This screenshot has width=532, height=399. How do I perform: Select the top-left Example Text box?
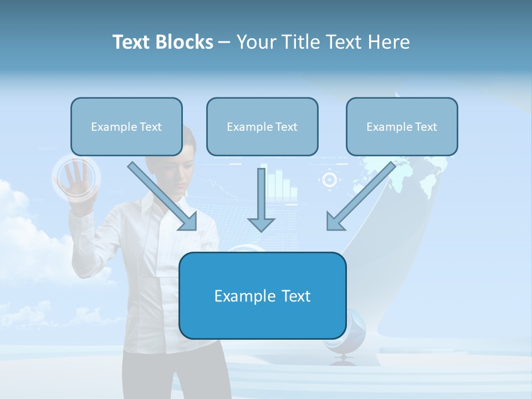(126, 127)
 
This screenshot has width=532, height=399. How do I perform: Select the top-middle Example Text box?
(262, 127)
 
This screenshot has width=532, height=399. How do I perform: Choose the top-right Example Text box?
(402, 127)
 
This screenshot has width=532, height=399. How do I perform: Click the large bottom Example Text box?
(262, 296)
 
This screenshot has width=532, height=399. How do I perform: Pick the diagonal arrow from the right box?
(360, 197)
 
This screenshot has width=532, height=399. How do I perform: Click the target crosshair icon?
(330, 180)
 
